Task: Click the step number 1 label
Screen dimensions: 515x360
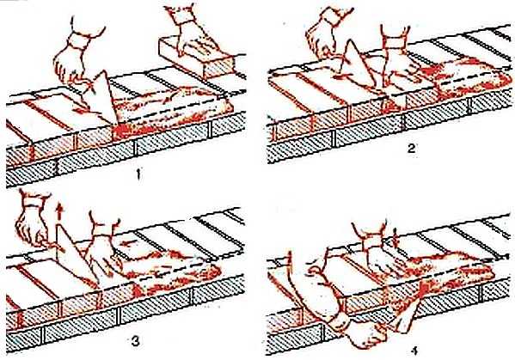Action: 138,174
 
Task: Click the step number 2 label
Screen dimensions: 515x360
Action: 411,149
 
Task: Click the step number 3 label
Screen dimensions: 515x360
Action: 135,342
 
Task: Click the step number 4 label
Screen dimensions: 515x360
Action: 414,351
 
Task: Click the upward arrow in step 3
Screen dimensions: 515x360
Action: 59,212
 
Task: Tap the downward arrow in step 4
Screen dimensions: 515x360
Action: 395,237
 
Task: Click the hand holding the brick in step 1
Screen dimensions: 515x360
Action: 191,33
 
